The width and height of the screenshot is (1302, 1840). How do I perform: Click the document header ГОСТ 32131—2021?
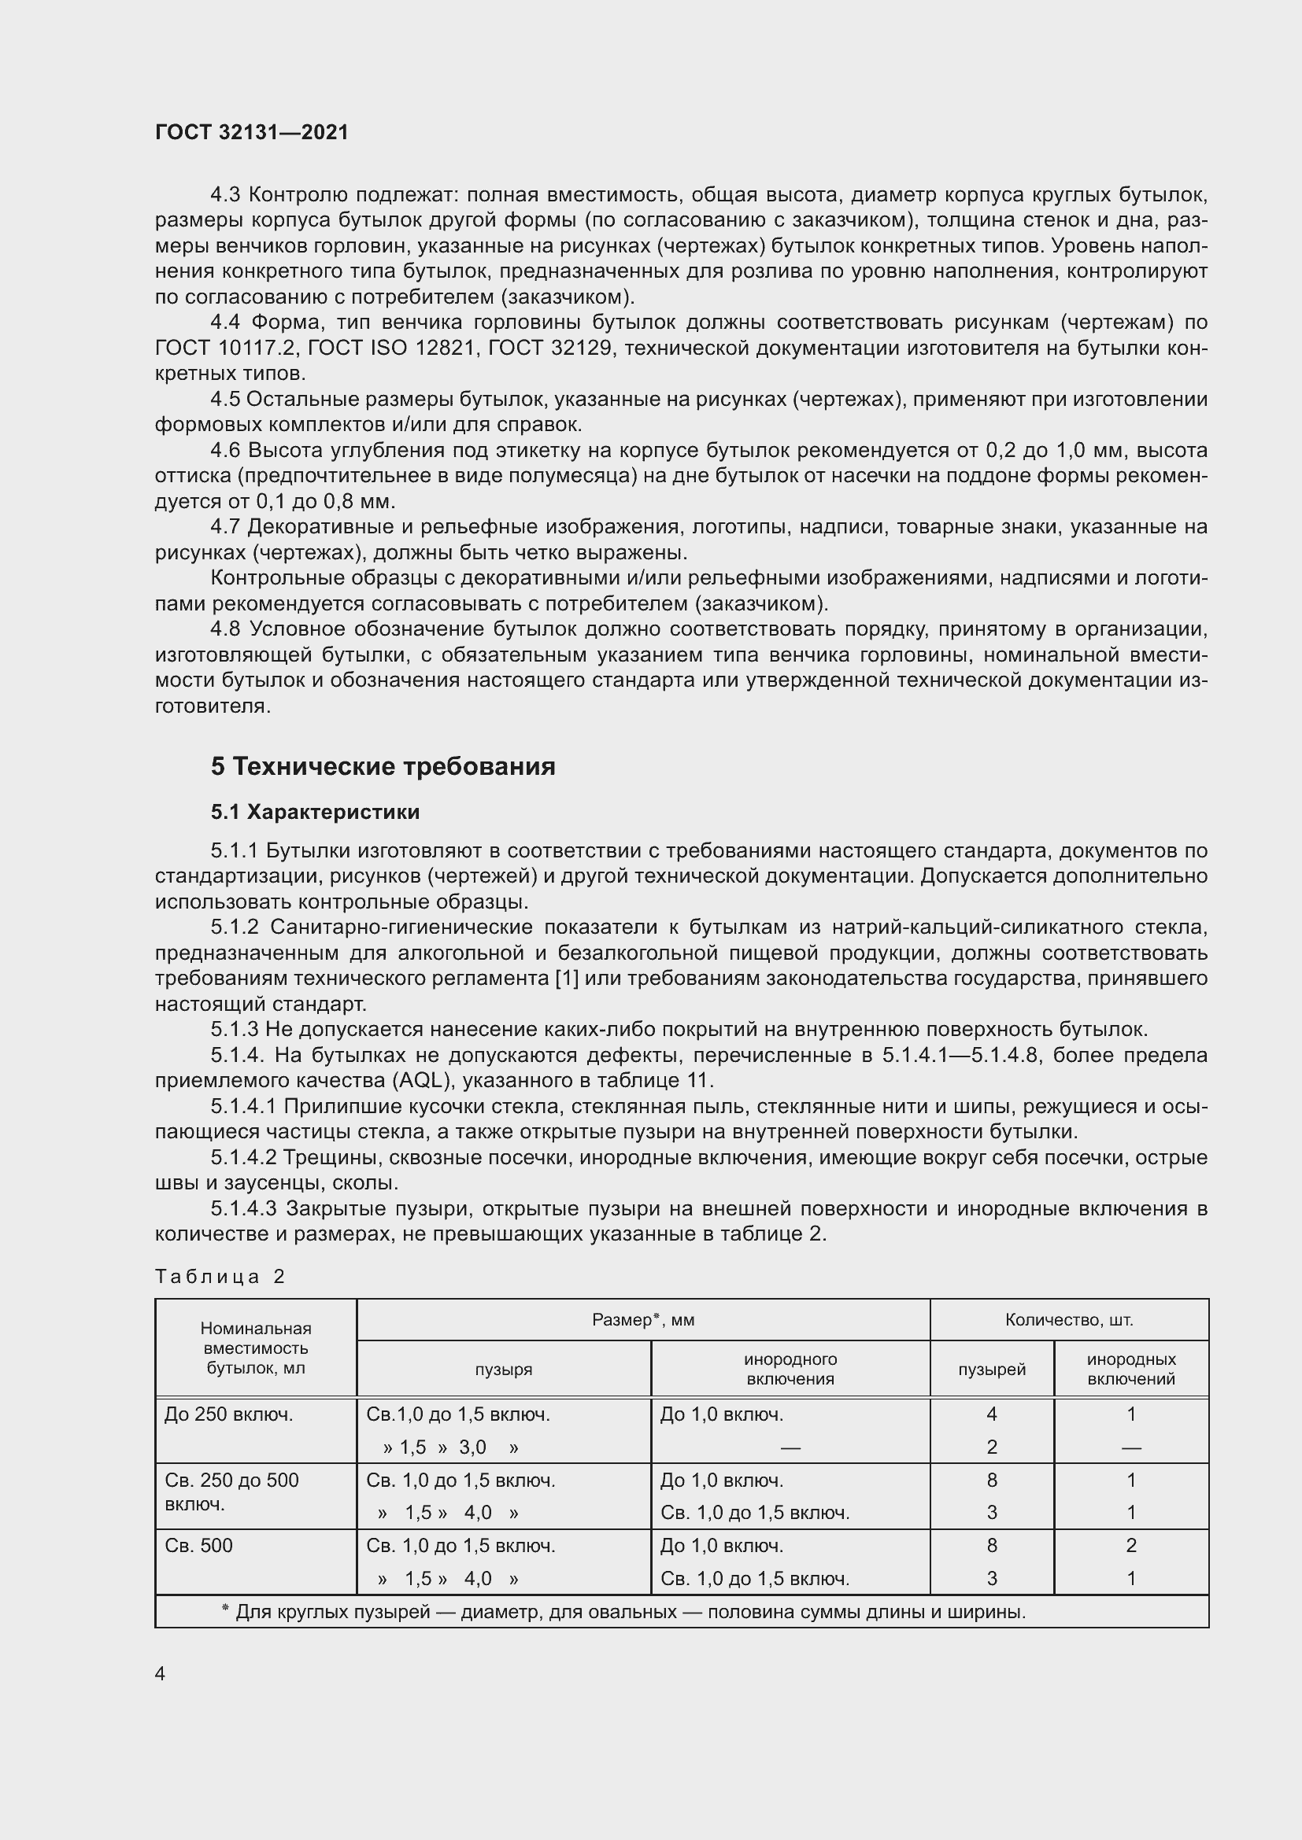click(x=252, y=132)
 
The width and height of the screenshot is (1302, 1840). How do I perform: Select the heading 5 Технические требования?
click(x=383, y=766)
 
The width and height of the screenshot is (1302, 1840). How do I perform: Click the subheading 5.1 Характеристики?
click(x=315, y=812)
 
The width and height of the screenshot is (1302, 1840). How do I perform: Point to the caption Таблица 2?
click(x=220, y=1277)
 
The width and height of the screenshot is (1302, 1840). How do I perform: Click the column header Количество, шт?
click(x=1069, y=1320)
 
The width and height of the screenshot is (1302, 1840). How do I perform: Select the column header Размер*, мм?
click(x=643, y=1320)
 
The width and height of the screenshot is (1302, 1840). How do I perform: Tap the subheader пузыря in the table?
click(x=504, y=1370)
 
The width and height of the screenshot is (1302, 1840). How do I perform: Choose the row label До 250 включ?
click(x=228, y=1414)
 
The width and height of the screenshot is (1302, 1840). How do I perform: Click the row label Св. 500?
click(x=199, y=1545)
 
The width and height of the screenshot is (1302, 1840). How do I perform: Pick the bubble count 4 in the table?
click(x=992, y=1414)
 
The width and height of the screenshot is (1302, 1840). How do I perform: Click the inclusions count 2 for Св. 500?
click(x=1130, y=1545)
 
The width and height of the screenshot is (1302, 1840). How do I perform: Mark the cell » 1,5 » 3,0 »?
click(x=450, y=1447)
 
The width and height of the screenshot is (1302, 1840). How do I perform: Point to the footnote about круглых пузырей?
click(x=623, y=1612)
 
